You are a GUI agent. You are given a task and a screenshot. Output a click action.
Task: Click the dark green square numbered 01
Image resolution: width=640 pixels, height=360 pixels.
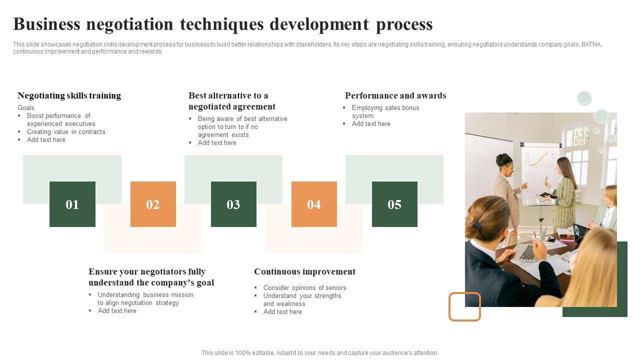pos(72,204)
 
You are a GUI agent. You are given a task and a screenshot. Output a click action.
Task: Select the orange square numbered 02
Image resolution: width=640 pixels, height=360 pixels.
pos(153,204)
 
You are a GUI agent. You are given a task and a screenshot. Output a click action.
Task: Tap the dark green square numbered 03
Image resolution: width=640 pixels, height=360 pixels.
pos(233,204)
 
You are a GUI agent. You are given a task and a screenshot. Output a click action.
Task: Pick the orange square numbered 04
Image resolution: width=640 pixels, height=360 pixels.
pos(314,204)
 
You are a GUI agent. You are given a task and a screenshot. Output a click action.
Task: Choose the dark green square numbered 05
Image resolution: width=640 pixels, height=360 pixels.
pos(394,204)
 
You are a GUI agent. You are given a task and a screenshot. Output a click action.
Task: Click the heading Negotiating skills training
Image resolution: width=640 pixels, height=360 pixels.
pos(69,95)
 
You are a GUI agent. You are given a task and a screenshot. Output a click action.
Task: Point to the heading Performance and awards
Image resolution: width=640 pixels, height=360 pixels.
pos(395,95)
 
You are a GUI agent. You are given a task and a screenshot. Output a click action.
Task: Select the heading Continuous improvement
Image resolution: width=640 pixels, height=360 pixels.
pos(305,271)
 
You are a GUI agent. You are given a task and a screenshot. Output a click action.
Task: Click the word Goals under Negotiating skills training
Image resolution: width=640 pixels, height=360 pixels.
pos(25,107)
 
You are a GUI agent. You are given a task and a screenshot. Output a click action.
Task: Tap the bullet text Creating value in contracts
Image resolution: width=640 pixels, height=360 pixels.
pos(66,131)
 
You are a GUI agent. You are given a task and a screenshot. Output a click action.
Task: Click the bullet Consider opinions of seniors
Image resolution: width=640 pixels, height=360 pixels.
pos(305,287)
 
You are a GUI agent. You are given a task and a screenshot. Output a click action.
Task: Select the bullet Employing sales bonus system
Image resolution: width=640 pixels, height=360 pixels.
pos(385,111)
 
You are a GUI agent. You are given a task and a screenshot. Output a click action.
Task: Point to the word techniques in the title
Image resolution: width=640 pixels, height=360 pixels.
pos(222,24)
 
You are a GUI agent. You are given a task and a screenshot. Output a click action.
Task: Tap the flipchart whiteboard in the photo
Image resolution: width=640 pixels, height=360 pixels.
pos(539,173)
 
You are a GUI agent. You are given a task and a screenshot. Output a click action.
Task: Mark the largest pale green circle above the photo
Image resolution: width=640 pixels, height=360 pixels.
pos(601,116)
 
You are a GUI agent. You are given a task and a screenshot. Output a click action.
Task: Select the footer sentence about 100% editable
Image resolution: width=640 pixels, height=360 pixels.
pos(319,353)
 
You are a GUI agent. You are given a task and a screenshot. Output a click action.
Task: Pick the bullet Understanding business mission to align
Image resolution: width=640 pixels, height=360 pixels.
pos(145,298)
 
